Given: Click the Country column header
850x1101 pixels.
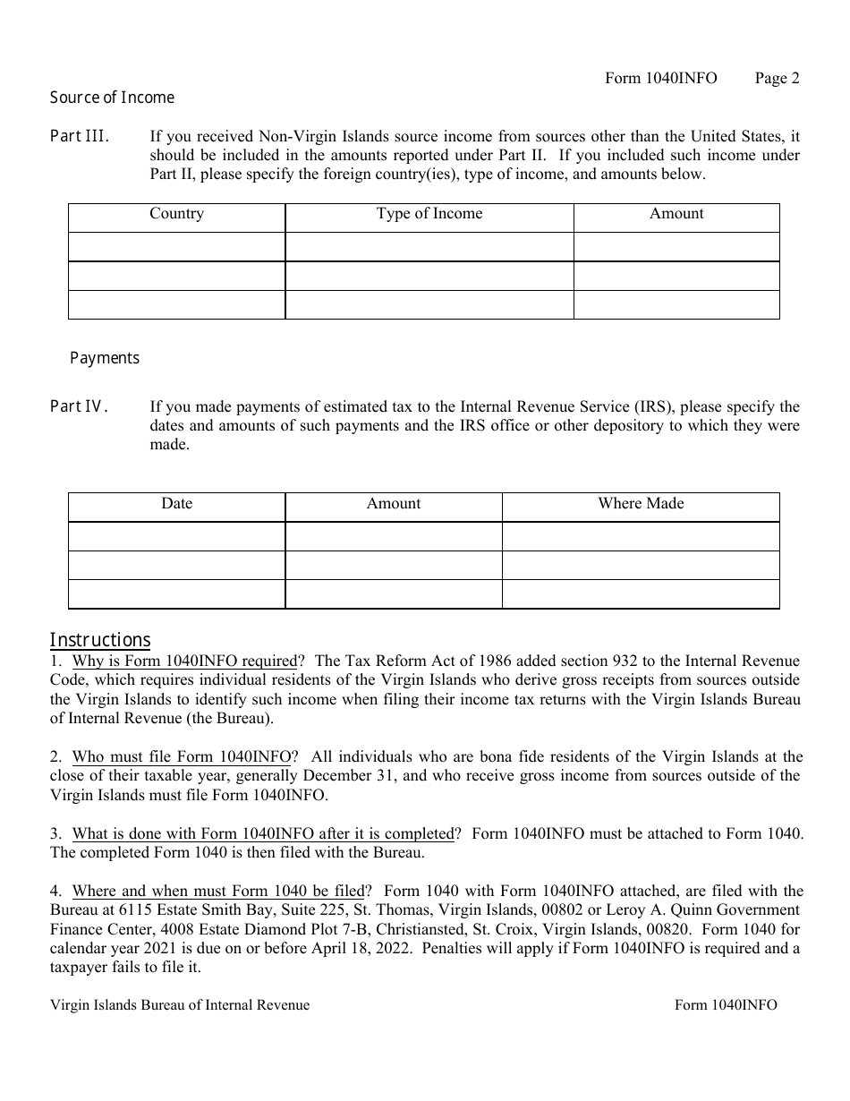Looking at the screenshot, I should [176, 214].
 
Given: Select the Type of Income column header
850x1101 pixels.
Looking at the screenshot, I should [429, 214].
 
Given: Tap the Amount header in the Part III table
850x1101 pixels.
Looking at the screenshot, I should [676, 214].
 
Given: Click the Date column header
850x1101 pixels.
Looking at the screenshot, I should [176, 504].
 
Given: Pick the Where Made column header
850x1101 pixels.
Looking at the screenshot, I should [641, 504].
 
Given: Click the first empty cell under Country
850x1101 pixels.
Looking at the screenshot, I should [176, 246].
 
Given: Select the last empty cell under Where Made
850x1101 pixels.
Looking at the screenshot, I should [641, 594].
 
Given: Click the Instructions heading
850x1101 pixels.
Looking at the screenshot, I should [99, 640].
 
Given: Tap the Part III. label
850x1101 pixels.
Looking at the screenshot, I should [80, 137].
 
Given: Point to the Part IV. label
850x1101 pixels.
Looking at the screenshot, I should [80, 407].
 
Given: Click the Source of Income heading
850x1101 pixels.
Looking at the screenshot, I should [112, 98].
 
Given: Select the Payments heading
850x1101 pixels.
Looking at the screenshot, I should [105, 358].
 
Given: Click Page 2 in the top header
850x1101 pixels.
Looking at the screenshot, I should [777, 78].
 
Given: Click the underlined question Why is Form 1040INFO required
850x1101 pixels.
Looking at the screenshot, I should [183, 661].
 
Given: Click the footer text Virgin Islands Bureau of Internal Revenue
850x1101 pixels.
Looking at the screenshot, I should [180, 1005].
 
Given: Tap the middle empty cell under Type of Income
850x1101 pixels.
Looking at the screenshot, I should [429, 276].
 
